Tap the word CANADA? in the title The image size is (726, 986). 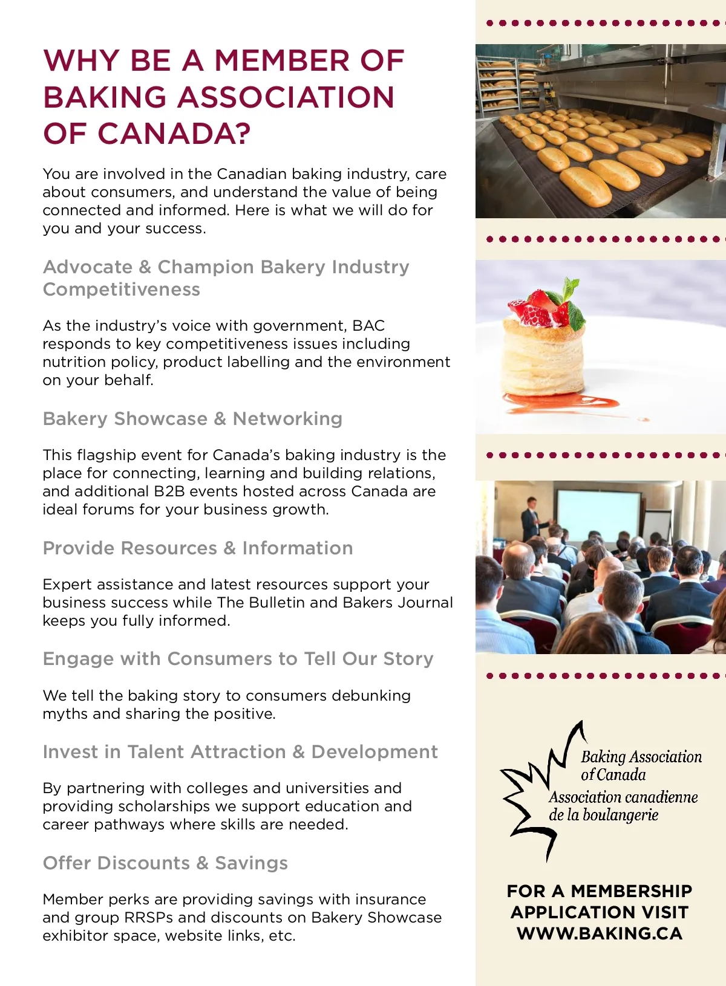pos(174,134)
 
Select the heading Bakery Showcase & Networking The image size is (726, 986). pos(192,418)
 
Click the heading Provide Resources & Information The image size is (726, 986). pos(198,548)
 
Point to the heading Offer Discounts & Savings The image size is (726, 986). pos(165,863)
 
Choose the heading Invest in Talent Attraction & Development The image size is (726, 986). pos(240,751)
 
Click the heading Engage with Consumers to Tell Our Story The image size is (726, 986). pos(238,658)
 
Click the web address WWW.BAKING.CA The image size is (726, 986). pos(600,933)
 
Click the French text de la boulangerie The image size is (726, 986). pos(603,815)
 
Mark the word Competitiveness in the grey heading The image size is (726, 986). pos(122,290)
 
